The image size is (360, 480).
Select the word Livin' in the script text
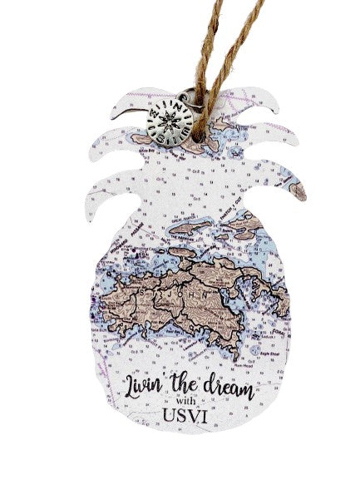pos(148,385)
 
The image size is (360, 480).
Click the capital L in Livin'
pos(132,384)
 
